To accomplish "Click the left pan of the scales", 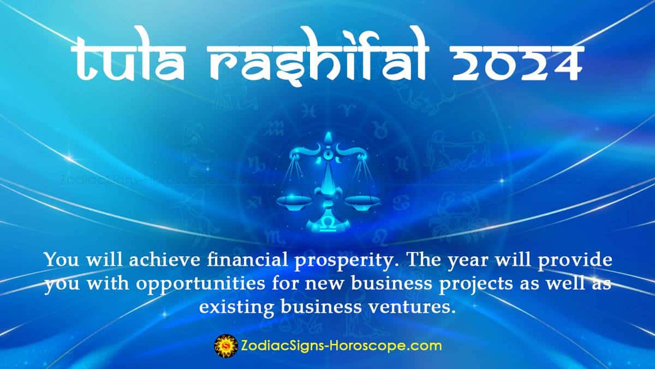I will pyautogui.click(x=294, y=200).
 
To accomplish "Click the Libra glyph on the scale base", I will pyautogui.click(x=328, y=225).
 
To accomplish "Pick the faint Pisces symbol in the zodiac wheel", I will pyautogui.click(x=309, y=112).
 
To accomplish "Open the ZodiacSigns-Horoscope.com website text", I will pyautogui.click(x=341, y=346).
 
